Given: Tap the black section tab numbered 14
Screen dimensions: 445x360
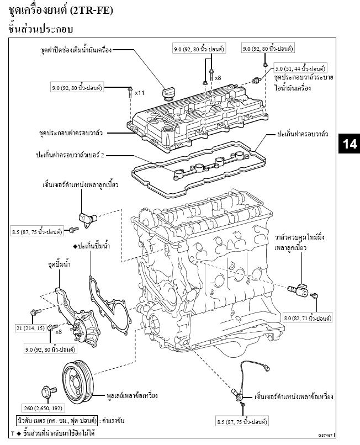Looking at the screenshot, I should [349, 144].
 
